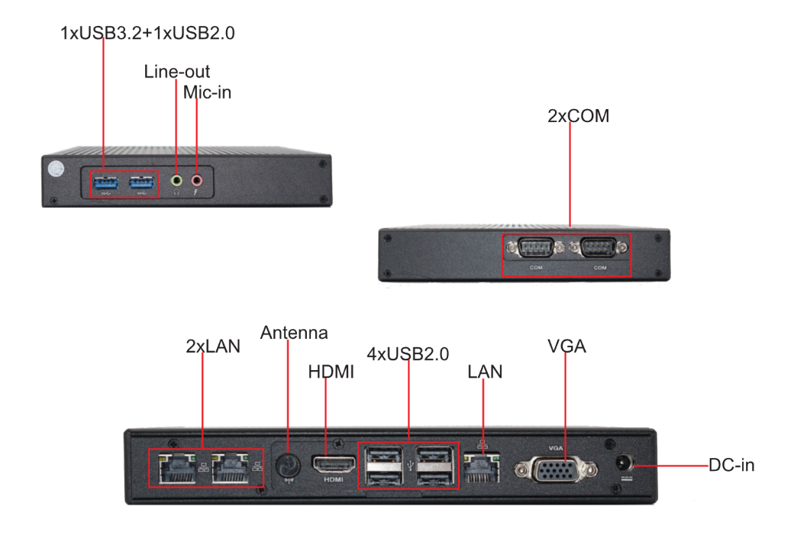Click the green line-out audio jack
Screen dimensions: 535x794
click(x=177, y=181)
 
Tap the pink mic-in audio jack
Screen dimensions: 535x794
click(x=197, y=181)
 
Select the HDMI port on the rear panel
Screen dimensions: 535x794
click(x=333, y=463)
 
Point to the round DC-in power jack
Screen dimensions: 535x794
click(x=625, y=462)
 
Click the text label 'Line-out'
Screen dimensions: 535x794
click(x=177, y=72)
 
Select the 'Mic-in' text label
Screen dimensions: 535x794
click(x=207, y=93)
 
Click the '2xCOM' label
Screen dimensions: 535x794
click(x=578, y=116)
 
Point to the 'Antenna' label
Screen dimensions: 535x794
click(x=294, y=333)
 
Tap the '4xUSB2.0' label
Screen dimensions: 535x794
click(x=408, y=354)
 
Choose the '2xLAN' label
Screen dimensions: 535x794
click(x=213, y=346)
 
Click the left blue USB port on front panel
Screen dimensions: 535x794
click(x=105, y=183)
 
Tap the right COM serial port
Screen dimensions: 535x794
click(x=600, y=249)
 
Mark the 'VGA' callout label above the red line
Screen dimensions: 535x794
click(x=566, y=346)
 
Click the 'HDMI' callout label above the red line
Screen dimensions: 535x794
click(x=331, y=372)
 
